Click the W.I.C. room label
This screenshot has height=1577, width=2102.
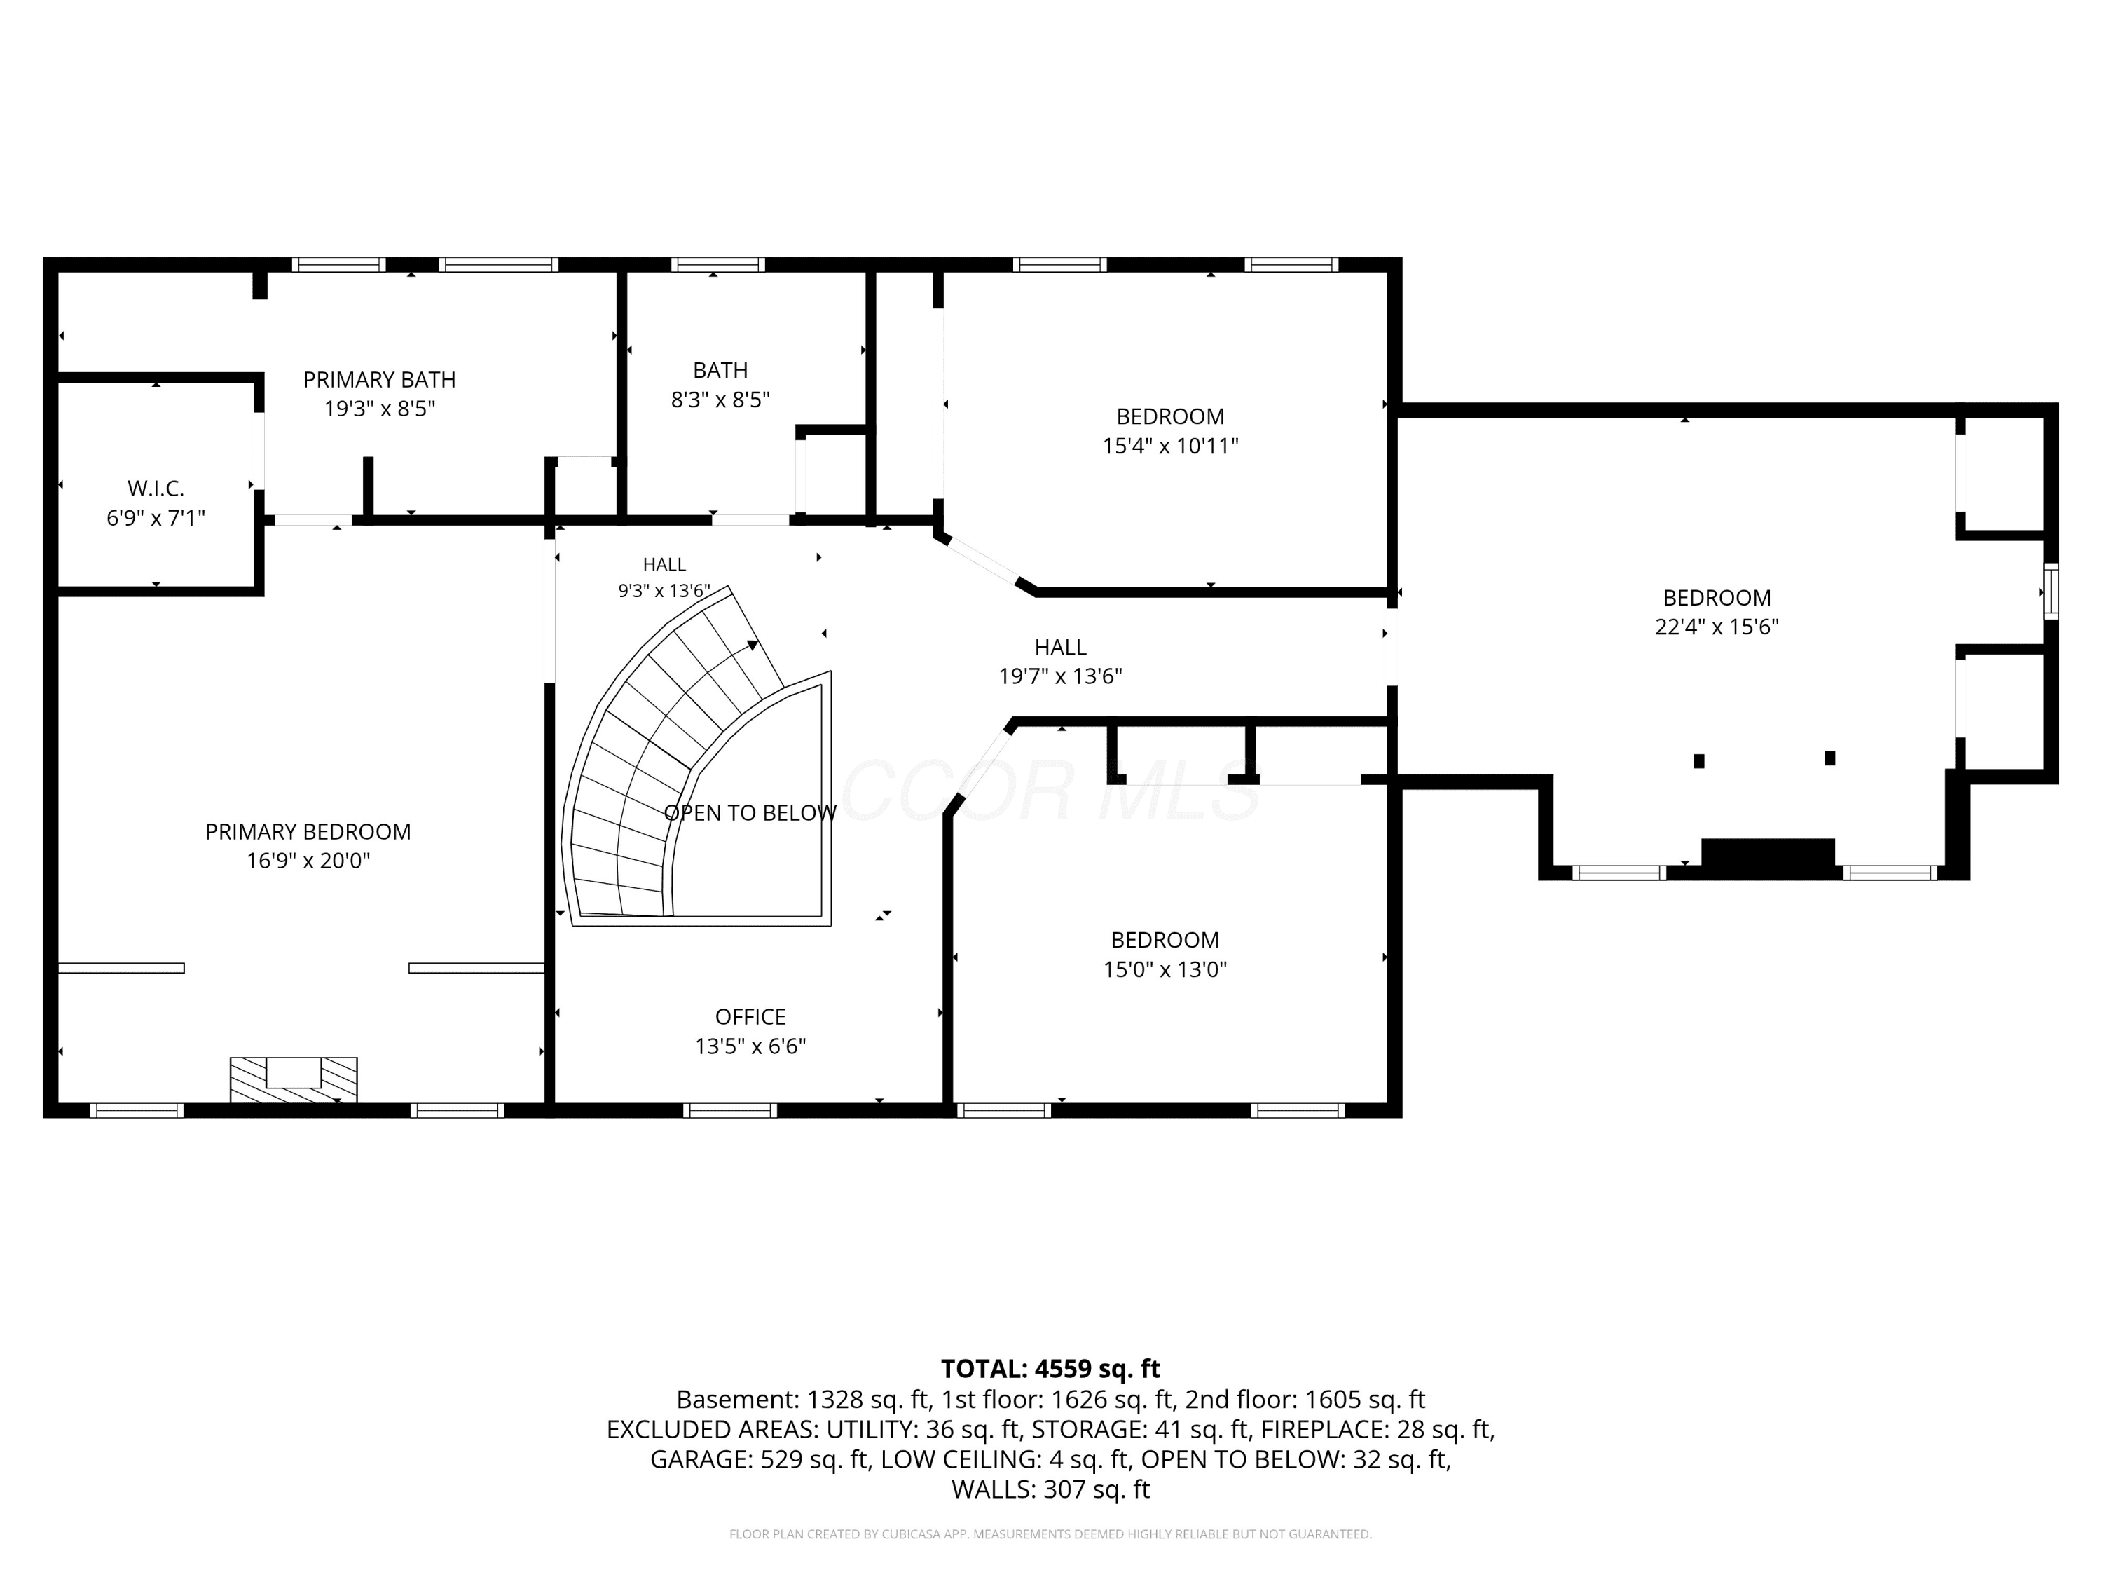(156, 489)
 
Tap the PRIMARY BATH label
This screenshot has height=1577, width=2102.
(379, 379)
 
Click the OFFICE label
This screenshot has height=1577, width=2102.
(750, 1016)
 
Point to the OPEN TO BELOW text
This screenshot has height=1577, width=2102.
(750, 813)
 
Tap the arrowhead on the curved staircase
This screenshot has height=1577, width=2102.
(753, 646)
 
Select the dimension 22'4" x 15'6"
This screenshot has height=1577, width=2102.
(1717, 627)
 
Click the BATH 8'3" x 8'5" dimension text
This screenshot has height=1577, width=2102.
(720, 400)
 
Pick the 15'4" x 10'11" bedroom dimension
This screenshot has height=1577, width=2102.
(1171, 445)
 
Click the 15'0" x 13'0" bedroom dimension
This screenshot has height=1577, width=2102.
(1165, 969)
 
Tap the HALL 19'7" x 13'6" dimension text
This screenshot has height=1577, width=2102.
(1061, 676)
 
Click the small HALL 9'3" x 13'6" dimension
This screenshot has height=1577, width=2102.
(664, 590)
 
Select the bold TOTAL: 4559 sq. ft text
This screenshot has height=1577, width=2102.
(1050, 1368)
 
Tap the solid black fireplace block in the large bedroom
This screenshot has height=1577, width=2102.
(1768, 853)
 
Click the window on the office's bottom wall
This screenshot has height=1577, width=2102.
(730, 1110)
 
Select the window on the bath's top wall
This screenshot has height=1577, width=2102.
(717, 264)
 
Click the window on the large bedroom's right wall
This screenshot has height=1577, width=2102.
(2051, 592)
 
